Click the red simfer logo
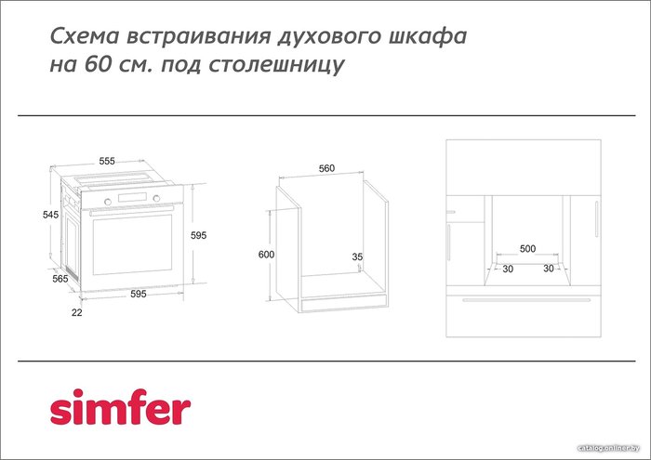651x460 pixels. point(120,407)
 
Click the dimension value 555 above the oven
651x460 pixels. point(107,161)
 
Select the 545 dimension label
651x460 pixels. point(50,215)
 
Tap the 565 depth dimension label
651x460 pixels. point(60,279)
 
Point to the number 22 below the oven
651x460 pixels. point(77,312)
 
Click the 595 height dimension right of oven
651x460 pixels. point(198,235)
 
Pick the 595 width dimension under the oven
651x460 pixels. point(139,294)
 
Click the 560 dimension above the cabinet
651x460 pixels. point(326,168)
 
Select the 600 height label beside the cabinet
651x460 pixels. point(266,255)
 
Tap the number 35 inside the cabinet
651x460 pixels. point(357,256)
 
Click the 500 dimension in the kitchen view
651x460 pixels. point(527,248)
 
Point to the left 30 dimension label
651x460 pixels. point(508,269)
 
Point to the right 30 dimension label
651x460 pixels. point(549,269)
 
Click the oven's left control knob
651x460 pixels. point(108,202)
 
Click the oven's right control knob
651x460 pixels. point(156,198)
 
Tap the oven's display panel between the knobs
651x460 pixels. point(132,197)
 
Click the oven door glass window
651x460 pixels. point(132,244)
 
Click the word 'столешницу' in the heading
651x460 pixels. point(276,65)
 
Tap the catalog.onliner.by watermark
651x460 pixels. point(608,448)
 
